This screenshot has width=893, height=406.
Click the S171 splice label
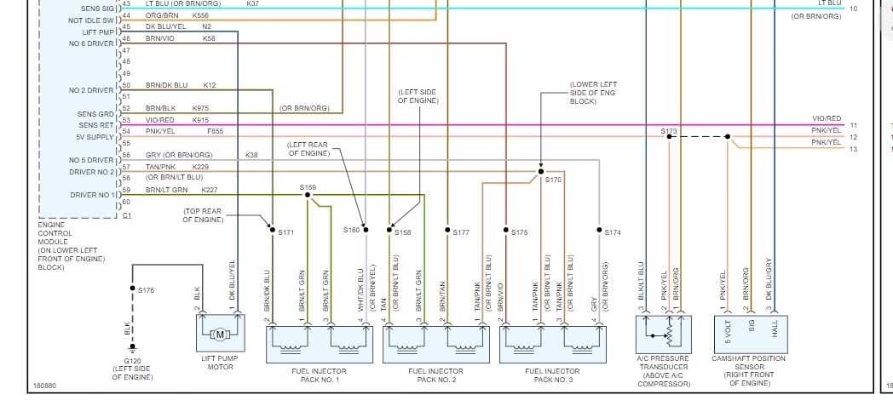point(285,232)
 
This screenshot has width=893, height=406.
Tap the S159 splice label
point(308,187)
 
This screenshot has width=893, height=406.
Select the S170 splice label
point(554,180)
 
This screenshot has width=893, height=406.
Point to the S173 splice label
point(668,131)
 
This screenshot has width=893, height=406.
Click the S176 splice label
point(147,290)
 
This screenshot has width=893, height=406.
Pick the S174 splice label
point(613,232)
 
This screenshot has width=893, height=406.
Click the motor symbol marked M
point(219,335)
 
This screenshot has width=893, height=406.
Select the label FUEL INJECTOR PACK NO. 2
point(435,375)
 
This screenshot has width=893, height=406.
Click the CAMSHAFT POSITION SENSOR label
point(749,358)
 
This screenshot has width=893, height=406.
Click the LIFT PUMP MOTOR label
point(220,363)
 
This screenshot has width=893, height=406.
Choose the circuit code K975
point(200,108)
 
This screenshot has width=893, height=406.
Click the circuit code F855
point(216,131)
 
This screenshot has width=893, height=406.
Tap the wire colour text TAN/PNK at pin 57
point(160,167)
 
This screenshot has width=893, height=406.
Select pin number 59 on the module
point(126,190)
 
